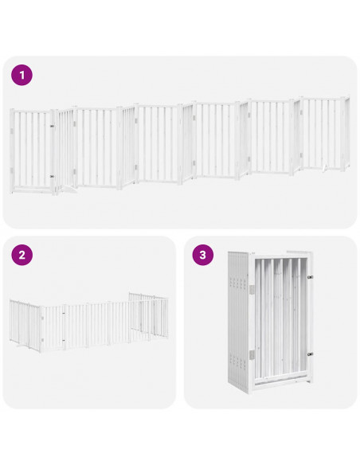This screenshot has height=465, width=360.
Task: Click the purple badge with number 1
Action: click(22, 75)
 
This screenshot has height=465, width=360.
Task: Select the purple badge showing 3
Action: click(203, 255)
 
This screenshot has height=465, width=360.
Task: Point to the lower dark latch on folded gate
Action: click(309, 354)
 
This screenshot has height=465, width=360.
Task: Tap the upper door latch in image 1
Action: click(53, 126)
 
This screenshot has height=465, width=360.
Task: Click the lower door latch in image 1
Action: click(53, 176)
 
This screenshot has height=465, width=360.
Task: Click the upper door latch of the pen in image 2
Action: click(63, 313)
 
